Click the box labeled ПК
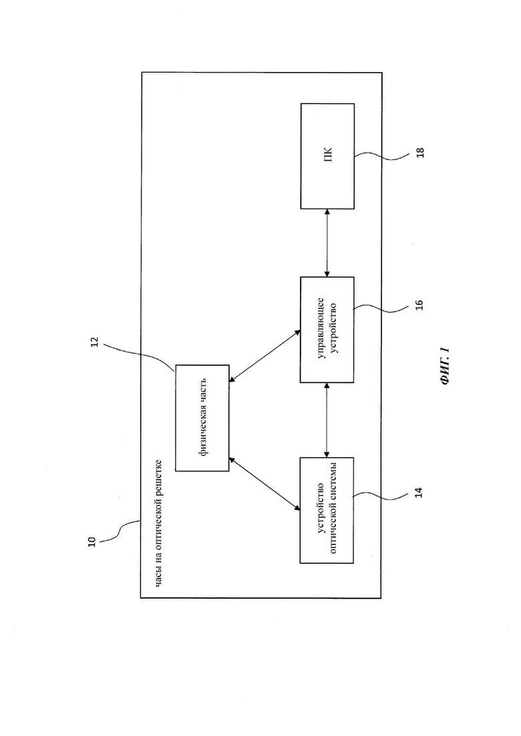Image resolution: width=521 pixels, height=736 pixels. coord(327,156)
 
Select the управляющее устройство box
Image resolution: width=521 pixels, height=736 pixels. coord(327,330)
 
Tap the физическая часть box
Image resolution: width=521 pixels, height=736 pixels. coord(202,418)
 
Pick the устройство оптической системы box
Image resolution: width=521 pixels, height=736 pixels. coord(327,510)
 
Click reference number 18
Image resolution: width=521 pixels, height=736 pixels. coord(420,153)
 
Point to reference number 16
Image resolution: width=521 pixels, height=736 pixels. coord(419,305)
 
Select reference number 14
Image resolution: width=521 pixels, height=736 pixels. coord(419,492)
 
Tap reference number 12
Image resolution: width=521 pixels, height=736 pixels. coord(94,342)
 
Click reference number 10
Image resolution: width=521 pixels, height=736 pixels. coord(92,541)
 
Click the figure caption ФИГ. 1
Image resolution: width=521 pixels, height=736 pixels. coord(445,366)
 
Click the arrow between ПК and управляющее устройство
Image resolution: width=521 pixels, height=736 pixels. coord(327,243)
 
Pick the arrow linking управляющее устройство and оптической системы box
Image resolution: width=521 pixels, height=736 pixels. coord(327,420)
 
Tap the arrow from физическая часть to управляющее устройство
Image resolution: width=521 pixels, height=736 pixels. coord(265,356)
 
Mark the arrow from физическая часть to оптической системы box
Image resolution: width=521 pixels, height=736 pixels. coord(265,484)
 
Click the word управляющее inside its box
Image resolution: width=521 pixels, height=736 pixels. coord(321,330)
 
